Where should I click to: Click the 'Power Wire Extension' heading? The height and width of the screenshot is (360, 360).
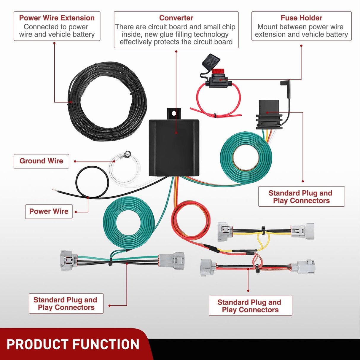pos(57,18)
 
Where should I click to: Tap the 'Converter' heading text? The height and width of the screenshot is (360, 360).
pos(176,18)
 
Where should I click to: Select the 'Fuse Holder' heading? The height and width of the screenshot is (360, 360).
pos(301,18)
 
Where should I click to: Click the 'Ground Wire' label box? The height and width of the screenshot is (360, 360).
pos(41,161)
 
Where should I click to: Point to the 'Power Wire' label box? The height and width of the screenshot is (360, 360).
pos(49,211)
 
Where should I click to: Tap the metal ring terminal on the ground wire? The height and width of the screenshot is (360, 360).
pos(128,154)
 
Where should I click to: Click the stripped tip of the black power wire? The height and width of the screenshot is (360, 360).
pos(54,189)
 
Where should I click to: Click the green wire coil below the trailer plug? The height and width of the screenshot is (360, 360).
pos(246,157)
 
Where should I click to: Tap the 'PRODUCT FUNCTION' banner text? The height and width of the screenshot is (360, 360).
pos(73,345)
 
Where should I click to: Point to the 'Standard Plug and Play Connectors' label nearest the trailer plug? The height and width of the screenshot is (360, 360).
pos(301,197)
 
